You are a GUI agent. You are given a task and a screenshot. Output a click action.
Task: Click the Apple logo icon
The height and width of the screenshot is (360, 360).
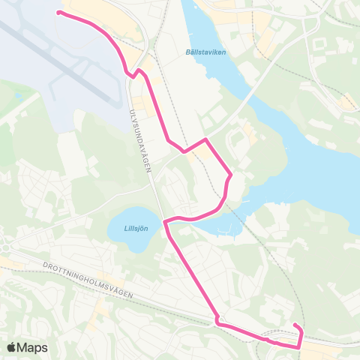[13, 347]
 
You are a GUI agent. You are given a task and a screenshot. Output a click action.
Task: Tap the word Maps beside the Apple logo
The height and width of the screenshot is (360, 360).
[34, 347]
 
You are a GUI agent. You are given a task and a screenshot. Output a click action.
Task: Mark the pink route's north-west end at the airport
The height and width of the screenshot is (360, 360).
[59, 13]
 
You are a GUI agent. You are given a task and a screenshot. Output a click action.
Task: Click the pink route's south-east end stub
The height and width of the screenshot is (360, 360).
[295, 325]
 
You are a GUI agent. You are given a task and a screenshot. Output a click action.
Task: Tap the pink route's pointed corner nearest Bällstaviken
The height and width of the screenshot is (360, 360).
[205, 139]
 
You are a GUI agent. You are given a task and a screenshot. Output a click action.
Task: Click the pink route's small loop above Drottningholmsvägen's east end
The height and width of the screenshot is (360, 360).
[218, 321]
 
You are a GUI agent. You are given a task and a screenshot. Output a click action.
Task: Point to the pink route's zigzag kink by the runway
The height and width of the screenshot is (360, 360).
[133, 73]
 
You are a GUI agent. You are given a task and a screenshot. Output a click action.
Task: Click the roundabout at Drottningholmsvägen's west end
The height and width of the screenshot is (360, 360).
[6, 247]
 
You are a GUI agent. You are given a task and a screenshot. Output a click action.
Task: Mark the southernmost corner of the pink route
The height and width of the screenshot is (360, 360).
[300, 346]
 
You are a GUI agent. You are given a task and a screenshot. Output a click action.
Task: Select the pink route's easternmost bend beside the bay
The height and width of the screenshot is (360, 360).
[230, 177]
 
